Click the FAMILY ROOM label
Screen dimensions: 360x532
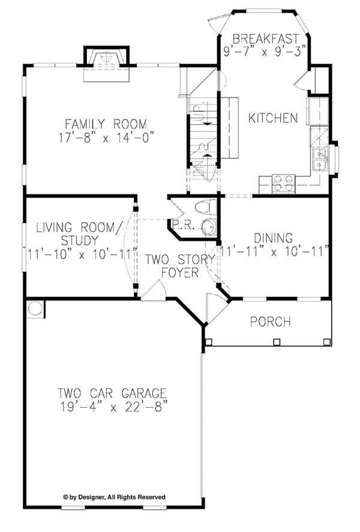[x=106, y=124]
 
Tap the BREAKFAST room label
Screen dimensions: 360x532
[x=266, y=38]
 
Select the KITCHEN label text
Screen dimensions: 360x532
[x=273, y=118]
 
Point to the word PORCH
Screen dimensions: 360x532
[x=270, y=322]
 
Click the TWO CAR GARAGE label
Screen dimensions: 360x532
[x=112, y=393]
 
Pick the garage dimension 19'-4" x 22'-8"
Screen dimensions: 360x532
[x=114, y=407]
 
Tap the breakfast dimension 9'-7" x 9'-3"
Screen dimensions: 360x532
[x=265, y=52]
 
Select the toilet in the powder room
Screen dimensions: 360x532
[x=206, y=207]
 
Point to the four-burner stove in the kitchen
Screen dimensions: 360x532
[x=283, y=184]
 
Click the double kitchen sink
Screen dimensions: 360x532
[x=320, y=160]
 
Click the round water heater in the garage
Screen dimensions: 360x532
[x=35, y=309]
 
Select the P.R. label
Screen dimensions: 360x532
[x=183, y=225]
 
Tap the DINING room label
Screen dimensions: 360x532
[x=273, y=238]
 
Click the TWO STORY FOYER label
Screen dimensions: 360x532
[x=180, y=266]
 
